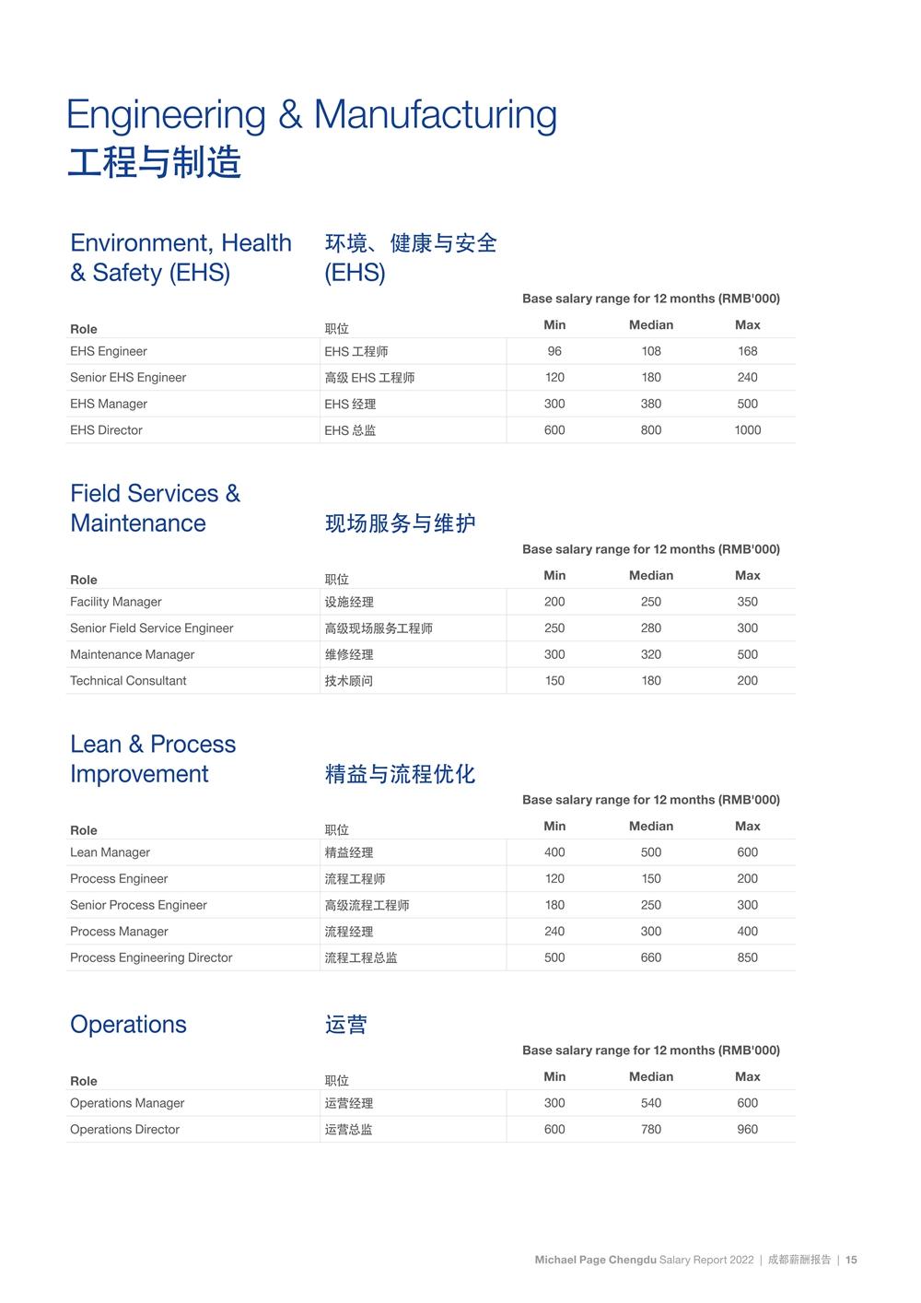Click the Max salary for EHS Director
747,430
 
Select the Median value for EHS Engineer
651,351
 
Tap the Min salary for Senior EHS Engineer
554,378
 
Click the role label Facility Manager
116,602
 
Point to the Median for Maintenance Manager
651,654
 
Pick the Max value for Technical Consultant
747,681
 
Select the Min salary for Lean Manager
554,852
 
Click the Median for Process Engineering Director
651,957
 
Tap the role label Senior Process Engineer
138,905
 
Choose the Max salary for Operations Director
747,1129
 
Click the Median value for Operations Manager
651,1103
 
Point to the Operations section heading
128,1025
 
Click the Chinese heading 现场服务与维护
400,523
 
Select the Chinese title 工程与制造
154,162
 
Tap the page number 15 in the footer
851,1260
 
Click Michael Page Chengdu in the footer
595,1260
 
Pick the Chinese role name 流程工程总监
360,958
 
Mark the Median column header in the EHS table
651,325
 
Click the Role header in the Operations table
84,1081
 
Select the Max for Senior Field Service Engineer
747,628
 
